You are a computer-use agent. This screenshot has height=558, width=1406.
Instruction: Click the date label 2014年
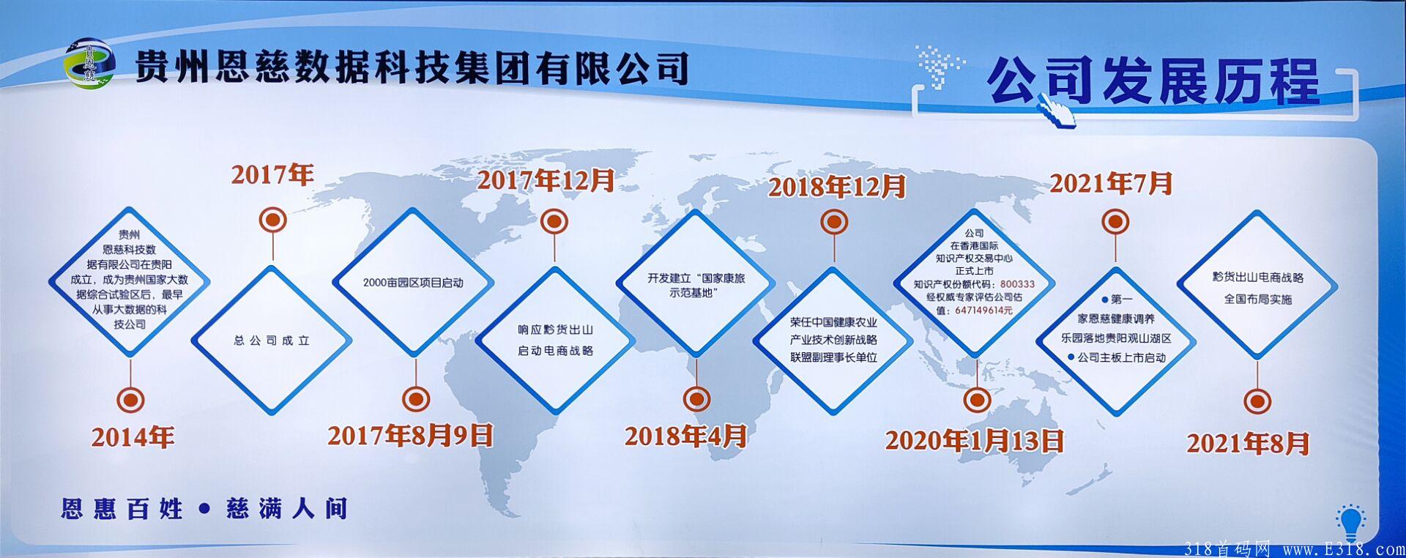click(133, 438)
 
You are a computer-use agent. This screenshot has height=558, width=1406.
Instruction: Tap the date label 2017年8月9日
click(410, 436)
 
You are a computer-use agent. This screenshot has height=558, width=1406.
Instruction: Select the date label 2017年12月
click(546, 181)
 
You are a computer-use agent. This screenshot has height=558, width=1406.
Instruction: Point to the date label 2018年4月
click(686, 436)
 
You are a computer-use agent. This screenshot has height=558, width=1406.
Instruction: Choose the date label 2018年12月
click(837, 187)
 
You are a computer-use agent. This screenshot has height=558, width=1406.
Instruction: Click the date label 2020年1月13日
click(975, 441)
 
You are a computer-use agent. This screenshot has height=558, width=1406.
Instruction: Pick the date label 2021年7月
click(1112, 183)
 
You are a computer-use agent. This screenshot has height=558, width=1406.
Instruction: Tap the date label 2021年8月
click(1249, 443)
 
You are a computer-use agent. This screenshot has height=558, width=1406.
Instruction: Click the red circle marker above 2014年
click(130, 400)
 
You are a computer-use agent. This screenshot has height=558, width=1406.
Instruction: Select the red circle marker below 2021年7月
click(1115, 221)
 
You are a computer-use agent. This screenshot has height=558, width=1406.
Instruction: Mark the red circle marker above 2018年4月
click(696, 399)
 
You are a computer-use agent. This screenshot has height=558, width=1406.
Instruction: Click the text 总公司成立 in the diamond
click(272, 341)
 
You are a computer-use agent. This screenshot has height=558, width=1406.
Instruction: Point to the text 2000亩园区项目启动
click(413, 283)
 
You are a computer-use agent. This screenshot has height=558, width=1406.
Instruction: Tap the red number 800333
click(1017, 284)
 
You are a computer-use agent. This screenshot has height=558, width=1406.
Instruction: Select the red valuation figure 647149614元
click(983, 310)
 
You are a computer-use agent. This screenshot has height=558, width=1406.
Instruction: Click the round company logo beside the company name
click(90, 64)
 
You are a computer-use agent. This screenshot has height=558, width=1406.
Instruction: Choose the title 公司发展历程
click(1153, 81)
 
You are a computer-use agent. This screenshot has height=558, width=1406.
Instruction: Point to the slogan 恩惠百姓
click(122, 509)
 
